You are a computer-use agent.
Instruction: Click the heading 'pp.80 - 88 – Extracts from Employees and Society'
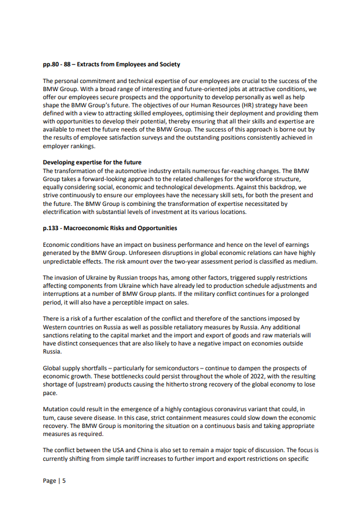point(111,65)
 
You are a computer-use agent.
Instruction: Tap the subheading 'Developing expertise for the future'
point(92,163)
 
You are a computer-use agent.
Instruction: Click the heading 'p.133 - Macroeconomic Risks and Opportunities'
point(110,228)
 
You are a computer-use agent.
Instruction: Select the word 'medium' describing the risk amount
point(305,261)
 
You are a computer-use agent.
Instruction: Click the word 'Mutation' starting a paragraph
point(57,409)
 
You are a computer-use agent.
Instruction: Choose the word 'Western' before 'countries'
point(58,327)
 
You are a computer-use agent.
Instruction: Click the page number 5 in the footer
point(64,480)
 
